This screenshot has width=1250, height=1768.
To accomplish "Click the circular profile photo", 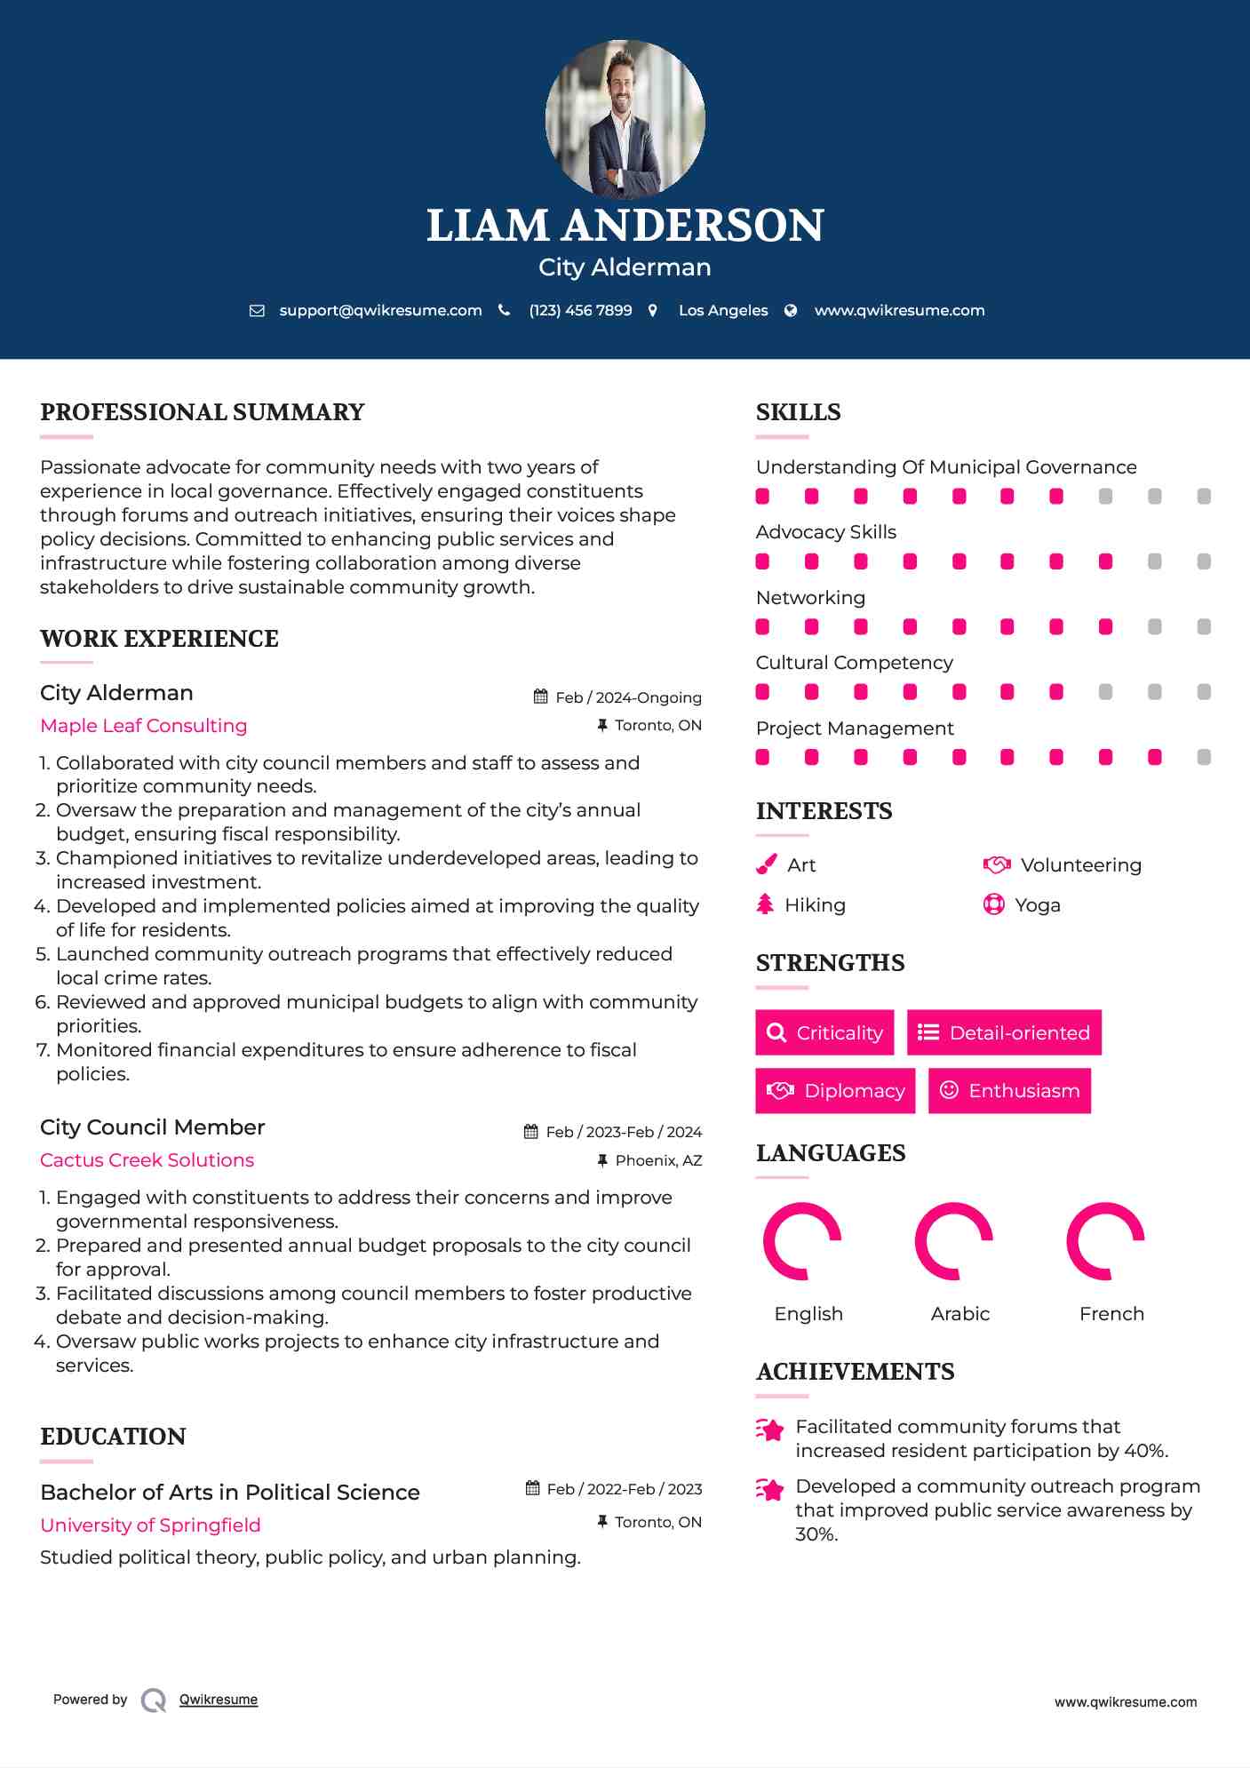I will (625, 118).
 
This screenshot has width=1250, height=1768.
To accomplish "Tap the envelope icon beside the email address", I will (257, 311).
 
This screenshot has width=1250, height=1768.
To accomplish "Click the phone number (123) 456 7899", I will (580, 311).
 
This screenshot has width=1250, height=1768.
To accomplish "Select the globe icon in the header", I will (791, 311).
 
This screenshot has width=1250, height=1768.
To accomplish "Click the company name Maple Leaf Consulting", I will (144, 726).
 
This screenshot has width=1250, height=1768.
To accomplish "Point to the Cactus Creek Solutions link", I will (147, 1160).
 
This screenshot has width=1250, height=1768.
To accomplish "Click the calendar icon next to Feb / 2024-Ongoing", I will (540, 697).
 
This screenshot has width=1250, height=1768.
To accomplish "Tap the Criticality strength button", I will (824, 1032).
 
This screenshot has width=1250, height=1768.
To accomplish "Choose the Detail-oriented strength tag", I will (1004, 1032).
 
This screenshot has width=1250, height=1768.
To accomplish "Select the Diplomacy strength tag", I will (835, 1091).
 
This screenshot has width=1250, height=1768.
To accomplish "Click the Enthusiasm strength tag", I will (1009, 1091).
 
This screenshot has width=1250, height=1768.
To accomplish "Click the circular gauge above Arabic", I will (953, 1241).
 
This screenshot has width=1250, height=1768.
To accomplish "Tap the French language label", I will (1111, 1314).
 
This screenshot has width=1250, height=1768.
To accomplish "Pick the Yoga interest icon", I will (993, 905).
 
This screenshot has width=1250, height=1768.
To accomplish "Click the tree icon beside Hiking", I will (765, 905).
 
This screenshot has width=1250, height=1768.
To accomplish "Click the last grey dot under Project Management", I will (1204, 758).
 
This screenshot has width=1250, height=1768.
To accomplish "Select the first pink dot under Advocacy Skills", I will (762, 561).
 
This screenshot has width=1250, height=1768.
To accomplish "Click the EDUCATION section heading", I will (113, 1437).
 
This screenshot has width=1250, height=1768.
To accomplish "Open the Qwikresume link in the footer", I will (219, 1700).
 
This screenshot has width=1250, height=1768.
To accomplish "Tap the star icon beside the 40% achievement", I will (770, 1430).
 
